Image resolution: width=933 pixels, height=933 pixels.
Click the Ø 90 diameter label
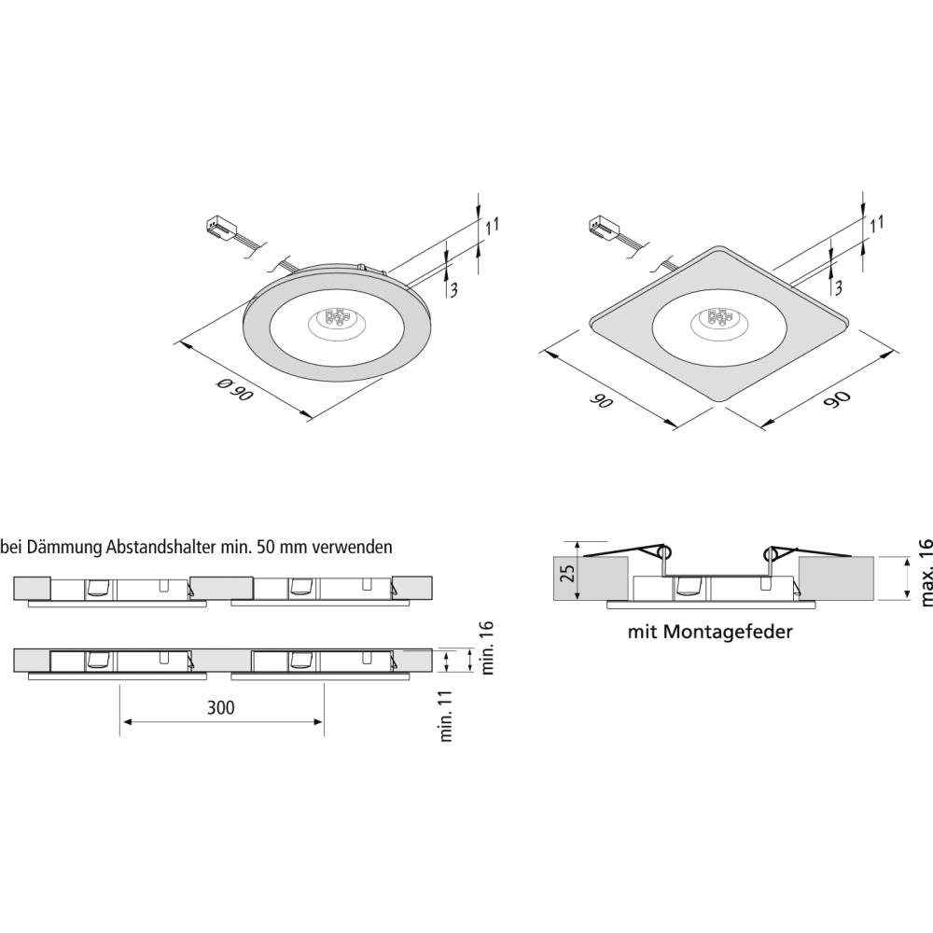coord(234,390)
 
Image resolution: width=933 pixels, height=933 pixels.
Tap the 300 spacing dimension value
coord(221,707)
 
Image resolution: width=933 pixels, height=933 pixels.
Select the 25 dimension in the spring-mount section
coord(568,573)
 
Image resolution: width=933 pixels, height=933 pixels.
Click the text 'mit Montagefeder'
coord(710,632)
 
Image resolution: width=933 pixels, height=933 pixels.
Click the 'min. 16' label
coord(487,648)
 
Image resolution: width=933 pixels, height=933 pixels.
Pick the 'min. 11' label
coord(446,717)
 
